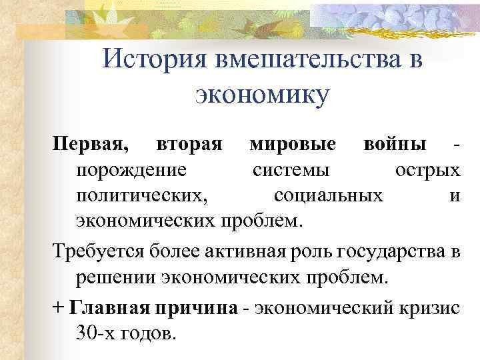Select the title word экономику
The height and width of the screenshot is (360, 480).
coord(262,95)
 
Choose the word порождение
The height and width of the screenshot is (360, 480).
coord(131,171)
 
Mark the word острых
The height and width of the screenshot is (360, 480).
coord(427,171)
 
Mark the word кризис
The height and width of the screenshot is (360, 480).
coord(426,309)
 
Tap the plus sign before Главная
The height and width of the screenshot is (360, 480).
coord(59,309)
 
